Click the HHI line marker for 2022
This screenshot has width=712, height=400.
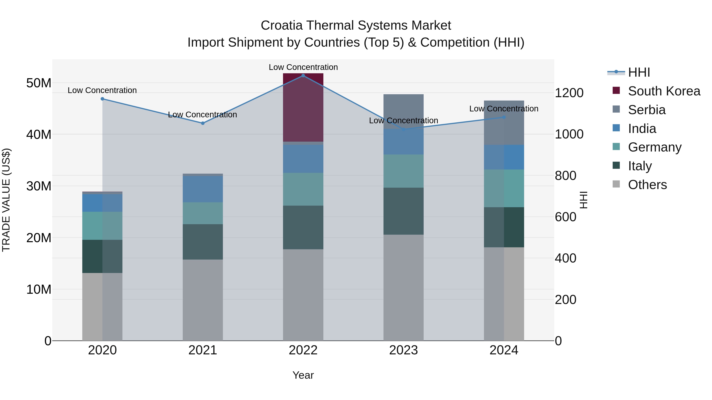click(303, 76)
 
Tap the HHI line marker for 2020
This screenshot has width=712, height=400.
click(102, 99)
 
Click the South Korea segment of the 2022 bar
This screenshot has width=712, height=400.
click(303, 108)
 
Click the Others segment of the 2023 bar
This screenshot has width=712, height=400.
click(403, 287)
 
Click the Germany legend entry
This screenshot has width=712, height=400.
click(654, 147)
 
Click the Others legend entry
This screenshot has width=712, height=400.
click(647, 185)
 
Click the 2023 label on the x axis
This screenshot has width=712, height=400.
click(403, 350)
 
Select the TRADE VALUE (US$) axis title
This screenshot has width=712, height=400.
click(6, 200)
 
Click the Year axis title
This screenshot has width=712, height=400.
click(303, 375)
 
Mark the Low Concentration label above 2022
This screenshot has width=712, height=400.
click(303, 67)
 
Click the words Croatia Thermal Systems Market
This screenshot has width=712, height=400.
click(356, 25)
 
